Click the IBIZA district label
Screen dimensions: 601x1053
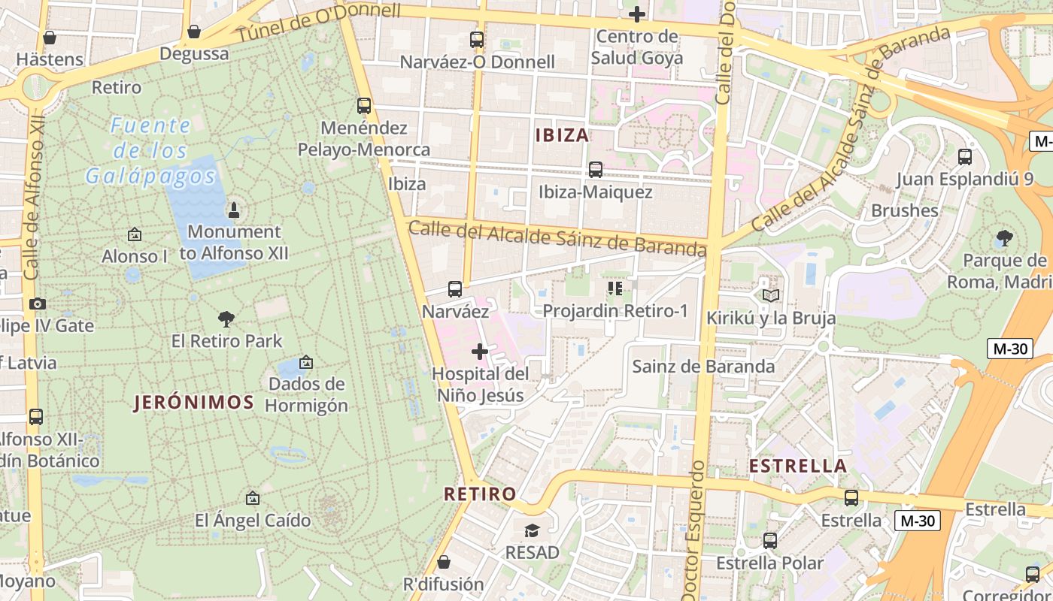coord(562,135)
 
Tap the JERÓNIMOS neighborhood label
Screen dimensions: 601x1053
coord(194,402)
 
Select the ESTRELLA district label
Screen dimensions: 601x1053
coord(798,466)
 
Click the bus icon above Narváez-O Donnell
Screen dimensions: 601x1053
coord(476,39)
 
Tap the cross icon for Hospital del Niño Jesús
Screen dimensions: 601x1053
coord(479,351)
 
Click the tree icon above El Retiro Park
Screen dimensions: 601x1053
coord(226,319)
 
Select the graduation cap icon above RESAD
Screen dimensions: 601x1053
coord(532,530)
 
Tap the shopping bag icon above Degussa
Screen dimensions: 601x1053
coord(193,32)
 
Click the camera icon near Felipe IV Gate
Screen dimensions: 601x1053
coord(37,304)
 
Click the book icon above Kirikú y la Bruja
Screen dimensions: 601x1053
coord(770,295)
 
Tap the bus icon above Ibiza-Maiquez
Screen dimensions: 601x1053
coord(595,169)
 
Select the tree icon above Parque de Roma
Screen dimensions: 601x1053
coord(1003,239)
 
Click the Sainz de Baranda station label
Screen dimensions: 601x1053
coord(703,367)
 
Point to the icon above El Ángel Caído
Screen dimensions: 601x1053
coord(253,498)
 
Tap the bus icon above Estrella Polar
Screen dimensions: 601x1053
coord(769,540)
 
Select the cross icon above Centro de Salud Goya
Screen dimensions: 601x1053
coord(636,14)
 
